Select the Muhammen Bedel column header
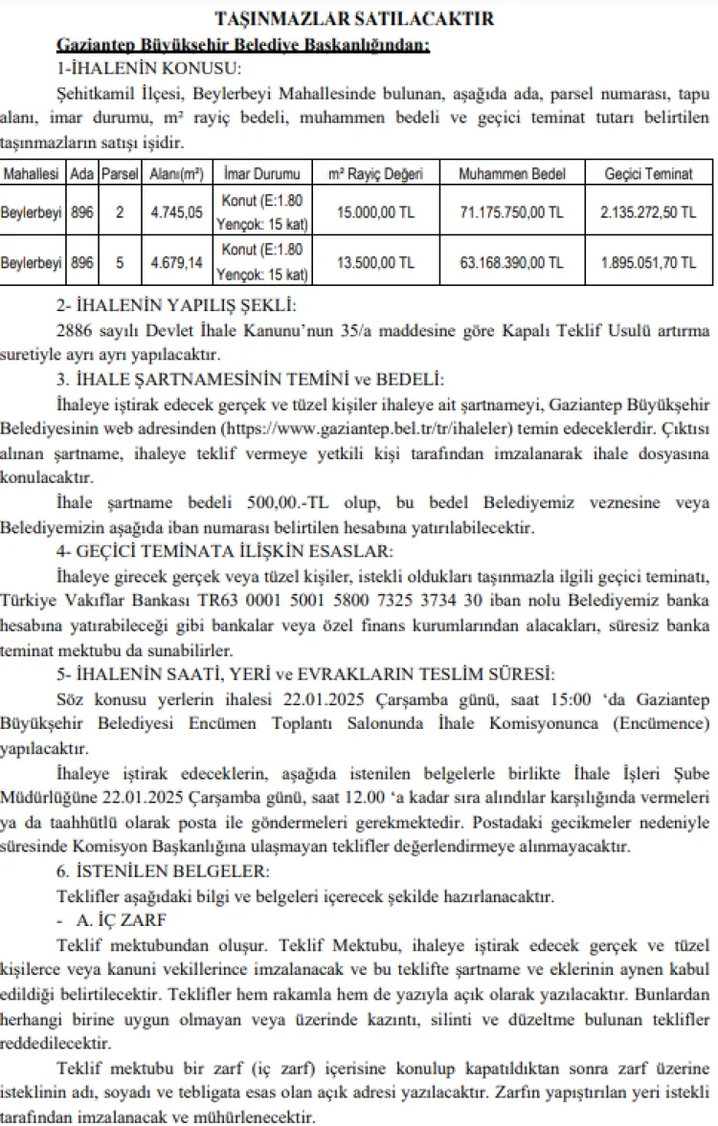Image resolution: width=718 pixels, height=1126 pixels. pos(511,174)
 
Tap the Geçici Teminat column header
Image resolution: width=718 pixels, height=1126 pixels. pos(649,174)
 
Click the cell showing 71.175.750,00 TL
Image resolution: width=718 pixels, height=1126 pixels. pos(511,211)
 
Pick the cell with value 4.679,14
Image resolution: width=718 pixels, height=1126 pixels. pos(176,262)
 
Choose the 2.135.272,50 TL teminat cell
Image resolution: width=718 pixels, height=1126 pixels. pos(649,211)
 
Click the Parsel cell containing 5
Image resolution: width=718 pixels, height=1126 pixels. pos(120,262)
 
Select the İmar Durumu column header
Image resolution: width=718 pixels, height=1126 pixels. pos(260,174)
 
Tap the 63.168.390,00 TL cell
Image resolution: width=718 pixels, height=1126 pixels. pos(511,262)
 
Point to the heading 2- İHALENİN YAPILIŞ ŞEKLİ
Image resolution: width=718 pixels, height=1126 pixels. pos(177,306)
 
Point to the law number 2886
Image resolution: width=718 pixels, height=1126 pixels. pos(79,331)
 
